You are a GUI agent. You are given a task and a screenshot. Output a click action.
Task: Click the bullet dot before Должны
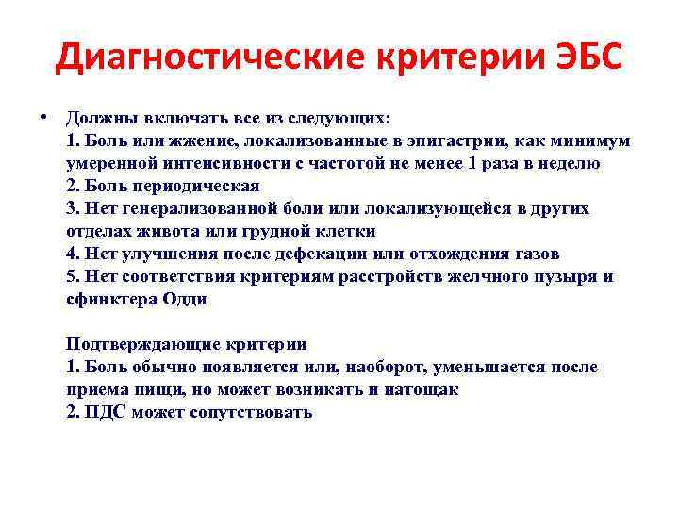[44, 118]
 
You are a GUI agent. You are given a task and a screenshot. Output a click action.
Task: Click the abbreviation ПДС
[101, 412]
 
